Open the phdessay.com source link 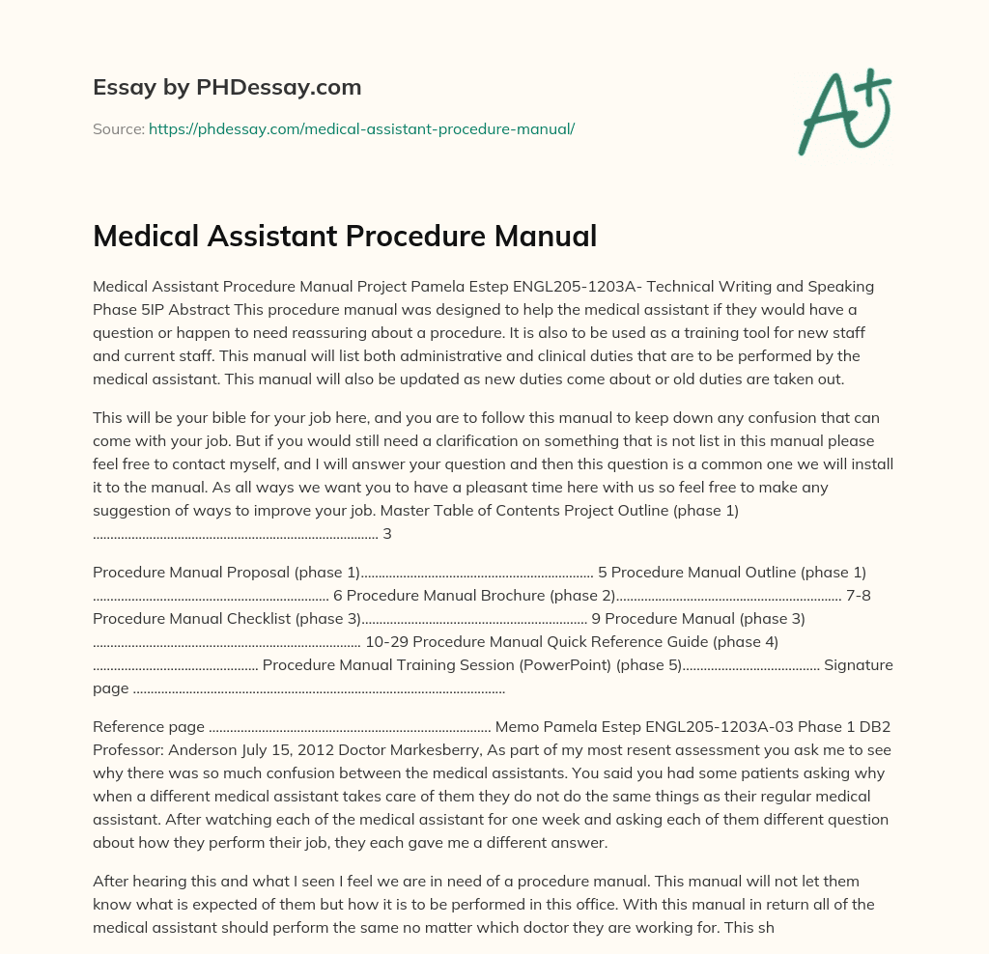(x=361, y=128)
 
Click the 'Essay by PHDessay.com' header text (x=227, y=88)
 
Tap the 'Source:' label (x=118, y=128)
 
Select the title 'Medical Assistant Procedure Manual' (x=345, y=236)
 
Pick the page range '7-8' (x=859, y=595)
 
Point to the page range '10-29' (x=387, y=641)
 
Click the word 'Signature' (x=858, y=664)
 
